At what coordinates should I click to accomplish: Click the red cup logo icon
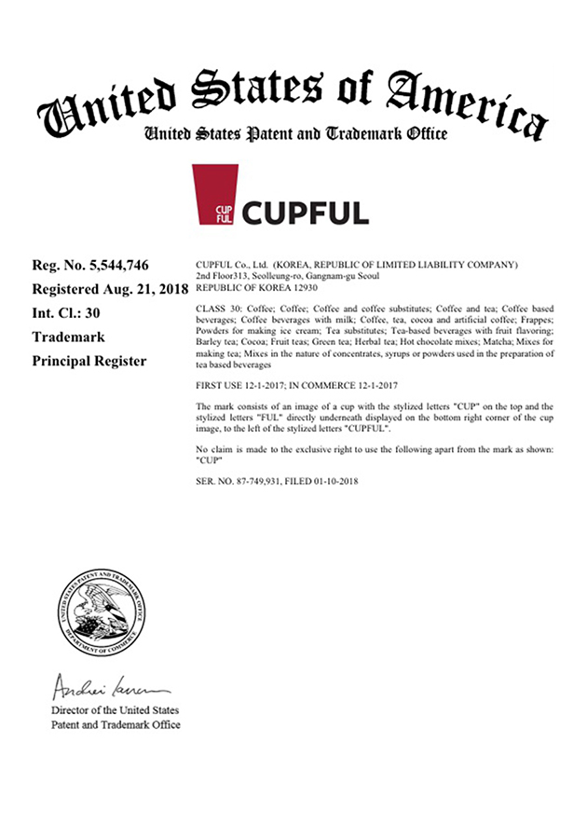coord(214,196)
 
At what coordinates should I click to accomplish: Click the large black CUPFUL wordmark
coord(306,211)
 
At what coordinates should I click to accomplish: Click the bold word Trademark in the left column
coord(68,337)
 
